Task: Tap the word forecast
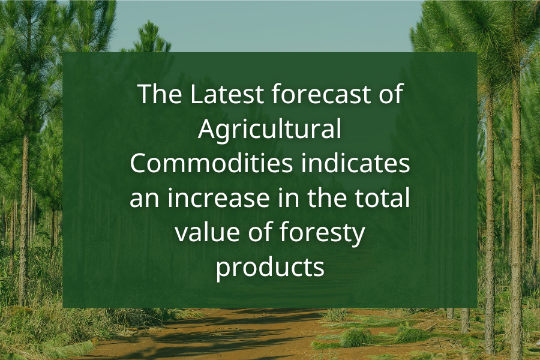(320, 95)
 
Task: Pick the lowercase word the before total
(322, 199)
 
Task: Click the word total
(382, 199)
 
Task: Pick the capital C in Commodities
(139, 164)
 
